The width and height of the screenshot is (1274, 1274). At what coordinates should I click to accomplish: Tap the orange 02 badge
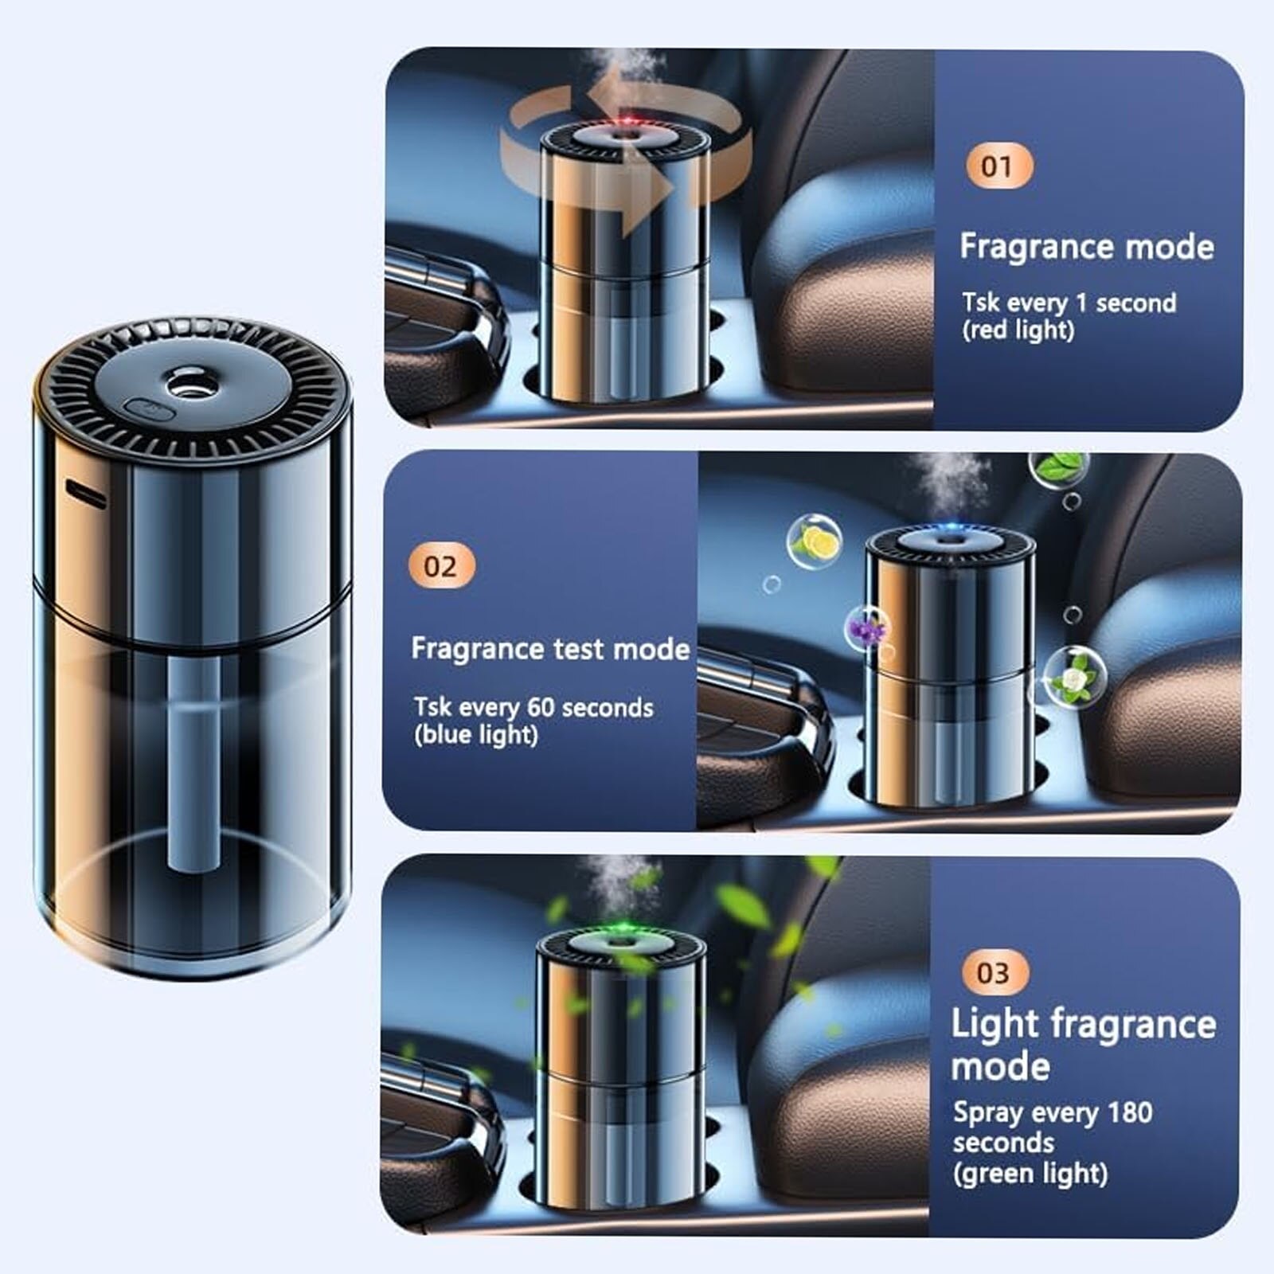(441, 567)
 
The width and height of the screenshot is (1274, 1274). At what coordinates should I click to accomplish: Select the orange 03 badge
(992, 972)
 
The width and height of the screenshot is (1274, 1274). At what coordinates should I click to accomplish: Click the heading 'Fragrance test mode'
(550, 649)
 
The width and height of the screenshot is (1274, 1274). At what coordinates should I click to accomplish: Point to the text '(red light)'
(1018, 330)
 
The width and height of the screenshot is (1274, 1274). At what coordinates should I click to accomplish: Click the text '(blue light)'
(476, 735)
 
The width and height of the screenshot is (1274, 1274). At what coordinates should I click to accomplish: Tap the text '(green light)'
(1030, 1173)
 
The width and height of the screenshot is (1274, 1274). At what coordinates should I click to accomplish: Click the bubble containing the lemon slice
(814, 541)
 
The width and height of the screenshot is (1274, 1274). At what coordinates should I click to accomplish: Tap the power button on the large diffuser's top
(150, 410)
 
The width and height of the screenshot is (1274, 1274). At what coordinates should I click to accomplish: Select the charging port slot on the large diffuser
(85, 494)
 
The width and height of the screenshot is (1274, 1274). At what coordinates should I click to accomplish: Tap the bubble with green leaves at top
(1058, 469)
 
